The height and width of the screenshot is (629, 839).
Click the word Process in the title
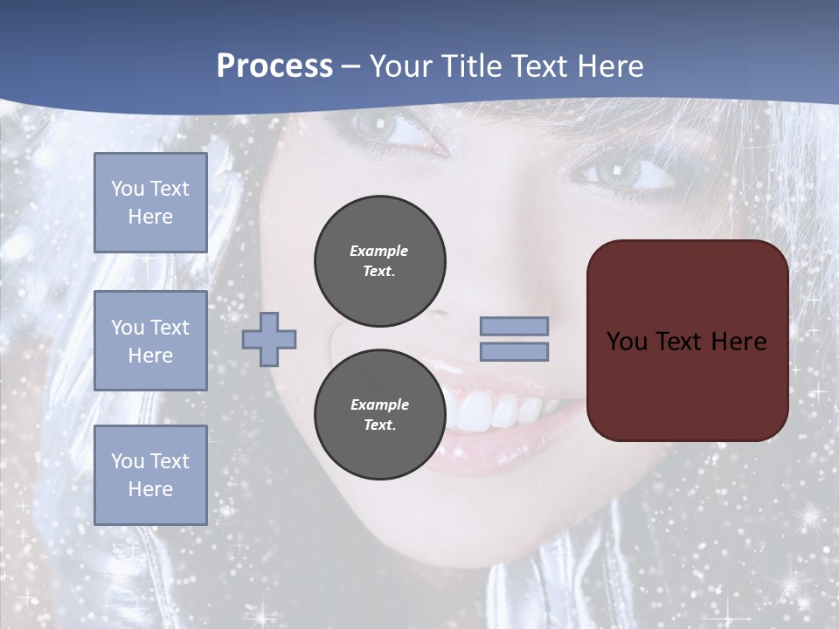274,66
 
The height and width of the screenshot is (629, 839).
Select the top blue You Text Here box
150,203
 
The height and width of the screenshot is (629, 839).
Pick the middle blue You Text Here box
150,341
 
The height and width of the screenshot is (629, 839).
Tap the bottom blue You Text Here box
150,474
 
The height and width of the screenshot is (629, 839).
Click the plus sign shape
269,339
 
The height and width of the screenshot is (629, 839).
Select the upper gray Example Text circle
379,260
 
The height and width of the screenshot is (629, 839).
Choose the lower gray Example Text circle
379,414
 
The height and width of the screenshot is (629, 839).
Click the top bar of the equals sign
514,326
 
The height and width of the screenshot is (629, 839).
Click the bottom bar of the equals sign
514,351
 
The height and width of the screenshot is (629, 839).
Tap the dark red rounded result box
687,341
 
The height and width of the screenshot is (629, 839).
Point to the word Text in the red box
678,341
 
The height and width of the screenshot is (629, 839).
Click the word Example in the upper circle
379,251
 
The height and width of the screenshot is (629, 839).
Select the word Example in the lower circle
379,404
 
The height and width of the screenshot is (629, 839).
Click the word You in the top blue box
128,189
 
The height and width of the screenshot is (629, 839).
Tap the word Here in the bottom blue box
150,489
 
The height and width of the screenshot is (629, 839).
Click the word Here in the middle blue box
150,356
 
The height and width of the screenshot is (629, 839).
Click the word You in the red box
627,341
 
